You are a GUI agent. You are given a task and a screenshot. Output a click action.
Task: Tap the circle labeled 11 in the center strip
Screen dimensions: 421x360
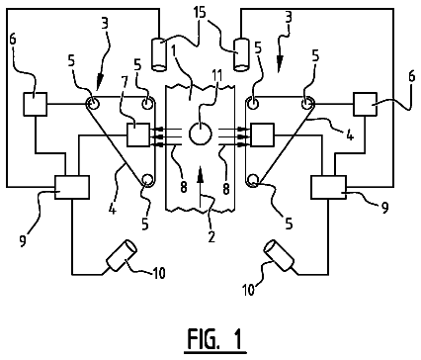[x=200, y=134]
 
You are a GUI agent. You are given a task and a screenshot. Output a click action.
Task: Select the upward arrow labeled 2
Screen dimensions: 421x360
[x=200, y=191]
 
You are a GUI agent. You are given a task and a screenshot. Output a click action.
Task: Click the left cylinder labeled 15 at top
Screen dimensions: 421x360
[x=159, y=54]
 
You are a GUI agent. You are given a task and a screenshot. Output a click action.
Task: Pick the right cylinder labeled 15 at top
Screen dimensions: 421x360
[x=241, y=54]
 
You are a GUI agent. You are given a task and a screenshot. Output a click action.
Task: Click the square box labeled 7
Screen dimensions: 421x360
[x=138, y=135]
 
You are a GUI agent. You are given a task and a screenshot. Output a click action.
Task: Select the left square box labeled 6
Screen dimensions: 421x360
[x=35, y=104]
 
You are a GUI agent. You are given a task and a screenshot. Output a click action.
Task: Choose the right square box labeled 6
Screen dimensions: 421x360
[x=365, y=104]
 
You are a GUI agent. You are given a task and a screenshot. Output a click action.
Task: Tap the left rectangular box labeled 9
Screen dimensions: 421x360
[x=72, y=187]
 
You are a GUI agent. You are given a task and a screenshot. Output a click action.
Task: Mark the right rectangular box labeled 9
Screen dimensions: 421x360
[x=328, y=187]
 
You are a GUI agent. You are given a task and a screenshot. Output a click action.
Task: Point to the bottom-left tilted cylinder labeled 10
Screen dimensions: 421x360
[x=122, y=255]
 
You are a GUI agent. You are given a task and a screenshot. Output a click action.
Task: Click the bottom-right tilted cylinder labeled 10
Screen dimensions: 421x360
[x=280, y=255]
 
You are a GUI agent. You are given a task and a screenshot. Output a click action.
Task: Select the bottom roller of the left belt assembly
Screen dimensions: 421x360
[x=147, y=180]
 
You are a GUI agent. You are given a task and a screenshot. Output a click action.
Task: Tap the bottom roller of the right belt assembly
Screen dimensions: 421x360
[x=253, y=180]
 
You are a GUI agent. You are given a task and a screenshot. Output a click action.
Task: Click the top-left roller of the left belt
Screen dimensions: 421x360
[x=93, y=104]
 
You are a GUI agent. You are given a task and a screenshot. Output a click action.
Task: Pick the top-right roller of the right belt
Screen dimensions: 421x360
[x=307, y=104]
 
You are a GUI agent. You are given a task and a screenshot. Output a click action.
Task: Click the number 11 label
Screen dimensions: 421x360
[x=216, y=76]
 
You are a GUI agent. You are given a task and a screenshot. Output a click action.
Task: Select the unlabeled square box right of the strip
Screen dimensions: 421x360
[x=262, y=135]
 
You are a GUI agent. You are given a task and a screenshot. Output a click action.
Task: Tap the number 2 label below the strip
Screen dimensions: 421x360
[x=211, y=236]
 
